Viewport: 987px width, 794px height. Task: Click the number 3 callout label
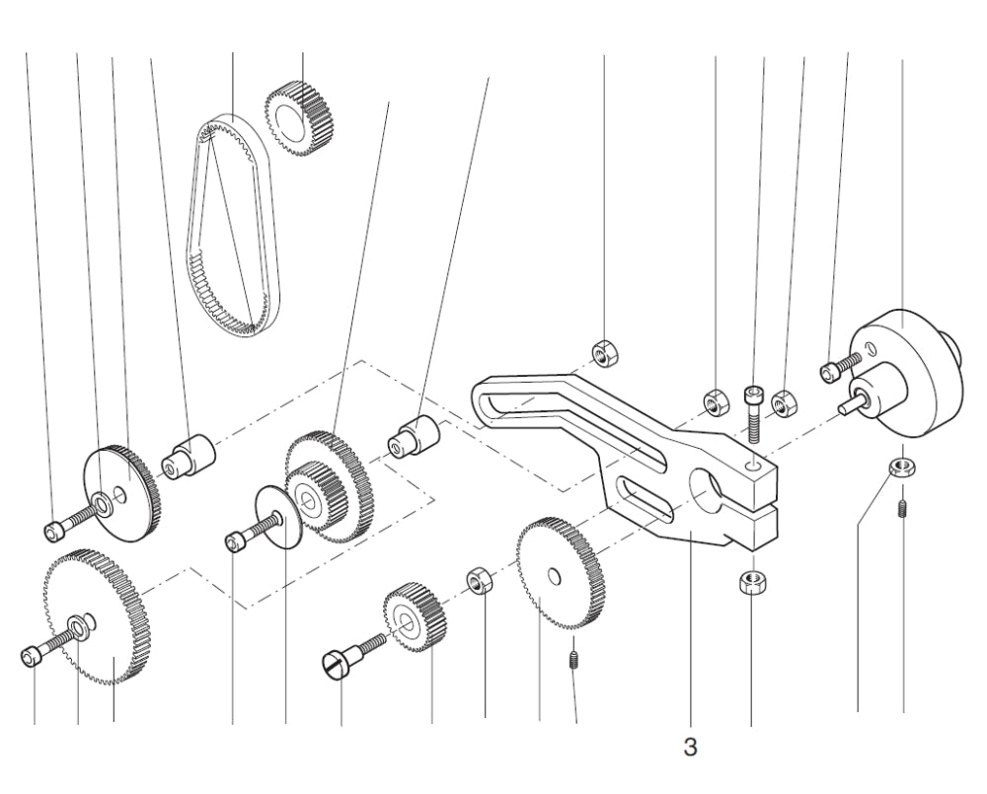point(691,748)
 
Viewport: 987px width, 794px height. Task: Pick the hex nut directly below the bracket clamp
point(751,582)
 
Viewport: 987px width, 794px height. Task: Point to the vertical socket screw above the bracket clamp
point(755,409)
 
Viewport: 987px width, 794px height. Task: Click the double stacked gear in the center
point(326,483)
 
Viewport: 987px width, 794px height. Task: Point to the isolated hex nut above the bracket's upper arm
point(603,352)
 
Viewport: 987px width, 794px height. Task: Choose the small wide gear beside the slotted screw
point(415,619)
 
